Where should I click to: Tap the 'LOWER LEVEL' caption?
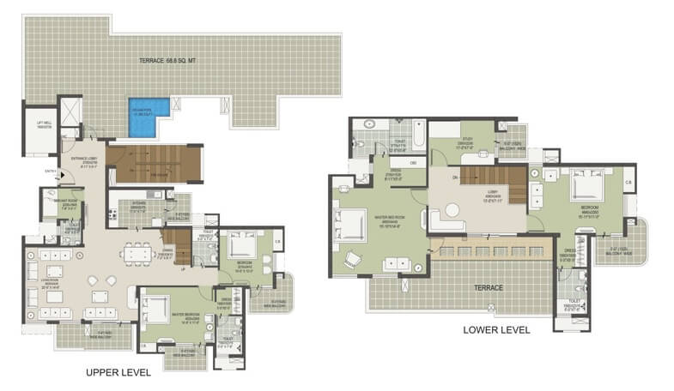pos(496,329)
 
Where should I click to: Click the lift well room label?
pos(45,125)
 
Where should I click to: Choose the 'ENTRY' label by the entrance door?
pos(49,171)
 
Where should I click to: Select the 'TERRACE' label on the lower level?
pos(486,288)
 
